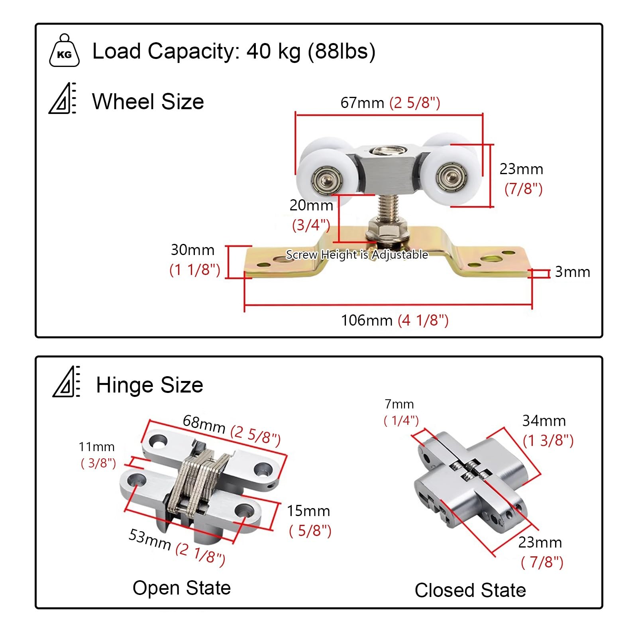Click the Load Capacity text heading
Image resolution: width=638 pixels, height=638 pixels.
pos(234,51)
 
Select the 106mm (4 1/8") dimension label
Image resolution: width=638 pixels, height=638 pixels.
pos(395,320)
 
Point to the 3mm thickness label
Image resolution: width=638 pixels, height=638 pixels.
pos(573,272)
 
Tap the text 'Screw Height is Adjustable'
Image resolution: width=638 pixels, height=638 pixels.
pos(357,255)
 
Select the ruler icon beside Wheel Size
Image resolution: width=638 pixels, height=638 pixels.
pos(63,98)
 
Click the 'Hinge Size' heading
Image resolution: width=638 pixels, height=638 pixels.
pos(149,385)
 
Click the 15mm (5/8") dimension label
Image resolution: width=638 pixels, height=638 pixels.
pos(309,521)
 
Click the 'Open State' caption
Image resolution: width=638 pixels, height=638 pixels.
pos(182,588)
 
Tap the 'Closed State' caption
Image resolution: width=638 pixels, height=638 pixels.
pos(470,590)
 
